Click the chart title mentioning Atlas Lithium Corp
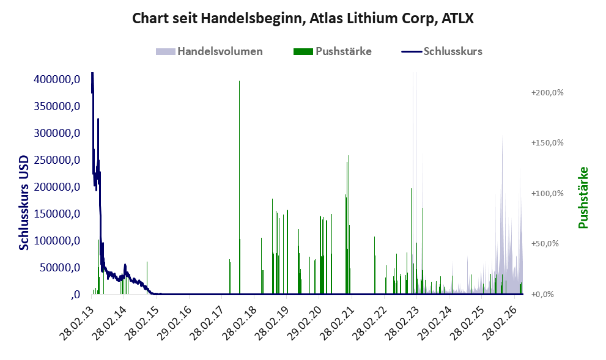[x=303, y=18]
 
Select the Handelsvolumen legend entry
[x=209, y=51]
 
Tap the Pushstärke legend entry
[x=333, y=51]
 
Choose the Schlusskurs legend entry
[x=442, y=51]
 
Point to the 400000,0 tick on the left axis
[x=57, y=79]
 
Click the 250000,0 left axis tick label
[x=57, y=160]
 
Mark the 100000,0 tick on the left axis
[x=57, y=241]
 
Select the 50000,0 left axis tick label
[x=60, y=267]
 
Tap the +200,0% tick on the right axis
[x=547, y=93]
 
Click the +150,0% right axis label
[x=547, y=143]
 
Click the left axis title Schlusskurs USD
[x=24, y=202]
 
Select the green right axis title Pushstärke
[x=583, y=197]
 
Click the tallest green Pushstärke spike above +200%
[x=239, y=188]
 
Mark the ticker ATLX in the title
[x=457, y=18]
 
